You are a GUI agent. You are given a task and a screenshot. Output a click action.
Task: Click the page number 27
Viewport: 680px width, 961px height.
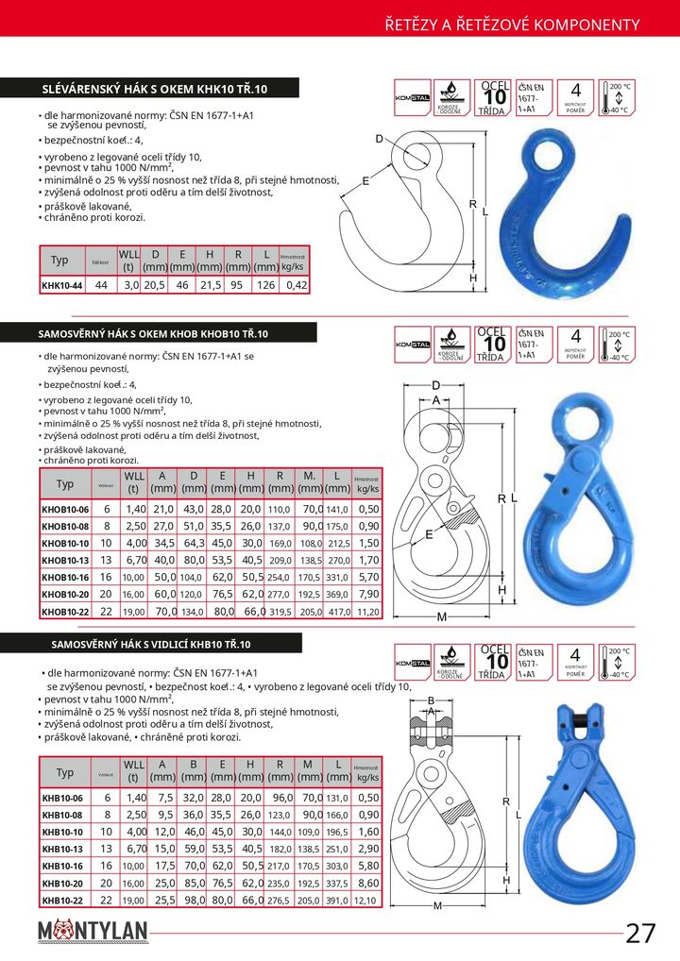coord(640,934)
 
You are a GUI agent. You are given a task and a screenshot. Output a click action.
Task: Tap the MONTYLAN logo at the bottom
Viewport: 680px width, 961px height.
coord(93,933)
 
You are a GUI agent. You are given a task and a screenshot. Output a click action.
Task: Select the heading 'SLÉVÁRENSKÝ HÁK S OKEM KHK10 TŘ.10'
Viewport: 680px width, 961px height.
coord(156,89)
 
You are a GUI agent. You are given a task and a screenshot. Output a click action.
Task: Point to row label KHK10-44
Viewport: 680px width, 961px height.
coord(62,284)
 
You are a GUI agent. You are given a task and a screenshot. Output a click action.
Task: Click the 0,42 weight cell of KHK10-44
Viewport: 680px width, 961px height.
coord(297,284)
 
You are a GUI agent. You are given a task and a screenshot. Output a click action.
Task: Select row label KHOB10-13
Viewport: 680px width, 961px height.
coord(65,560)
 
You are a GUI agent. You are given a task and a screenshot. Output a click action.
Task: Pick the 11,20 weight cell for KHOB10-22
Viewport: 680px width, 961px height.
coord(368,612)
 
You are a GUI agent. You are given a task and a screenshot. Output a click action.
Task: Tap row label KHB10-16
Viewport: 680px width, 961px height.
coord(62,866)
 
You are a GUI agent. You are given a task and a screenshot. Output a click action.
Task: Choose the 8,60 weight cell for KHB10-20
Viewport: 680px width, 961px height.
coord(368,884)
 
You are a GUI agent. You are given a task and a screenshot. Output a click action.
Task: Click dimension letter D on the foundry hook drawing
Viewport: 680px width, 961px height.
coord(380,140)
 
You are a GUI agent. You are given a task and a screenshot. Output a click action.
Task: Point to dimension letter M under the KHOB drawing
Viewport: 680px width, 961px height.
coord(440,617)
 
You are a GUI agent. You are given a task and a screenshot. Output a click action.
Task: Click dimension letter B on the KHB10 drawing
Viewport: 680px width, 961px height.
coord(431,700)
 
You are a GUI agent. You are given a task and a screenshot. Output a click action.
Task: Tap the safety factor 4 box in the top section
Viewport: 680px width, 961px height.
coord(575,97)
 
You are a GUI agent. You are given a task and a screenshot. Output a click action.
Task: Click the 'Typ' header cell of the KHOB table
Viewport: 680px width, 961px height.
coord(65,484)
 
